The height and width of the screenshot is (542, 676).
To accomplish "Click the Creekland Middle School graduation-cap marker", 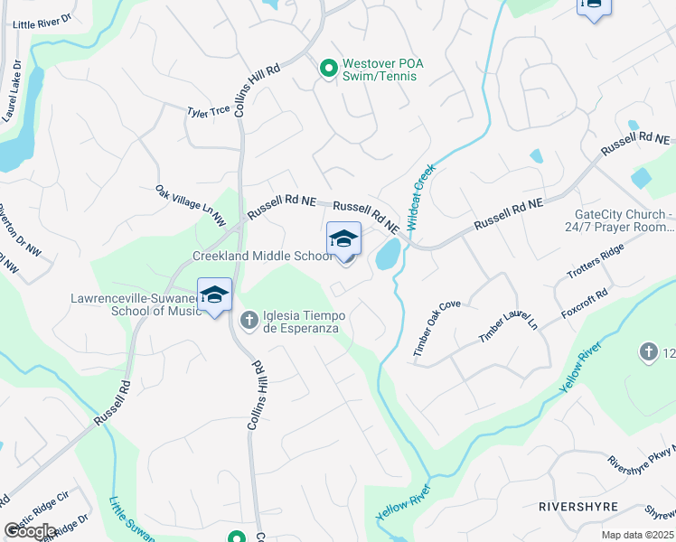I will (x=343, y=239).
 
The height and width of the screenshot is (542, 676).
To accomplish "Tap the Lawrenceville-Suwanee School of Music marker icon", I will (x=214, y=296).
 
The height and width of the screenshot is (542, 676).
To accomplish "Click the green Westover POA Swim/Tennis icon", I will (x=327, y=68).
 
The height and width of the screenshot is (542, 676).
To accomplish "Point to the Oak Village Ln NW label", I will (x=189, y=205).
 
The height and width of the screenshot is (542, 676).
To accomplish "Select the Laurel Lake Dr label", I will (x=13, y=91).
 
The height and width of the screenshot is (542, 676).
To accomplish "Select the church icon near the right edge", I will (x=647, y=352).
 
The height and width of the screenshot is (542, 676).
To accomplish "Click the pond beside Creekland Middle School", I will (x=389, y=255).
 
